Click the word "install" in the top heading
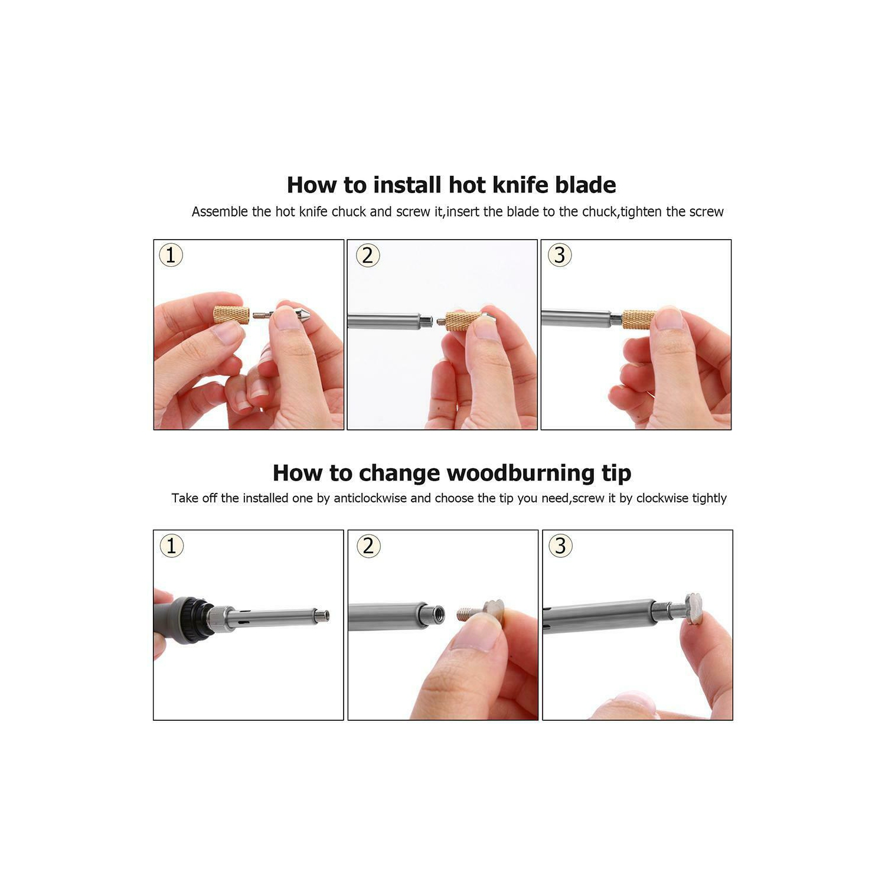(407, 185)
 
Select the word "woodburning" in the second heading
(521, 473)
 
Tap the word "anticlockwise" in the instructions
(370, 498)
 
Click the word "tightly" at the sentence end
(709, 498)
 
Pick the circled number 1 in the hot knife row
(171, 256)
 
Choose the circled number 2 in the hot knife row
(368, 256)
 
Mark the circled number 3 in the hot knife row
(560, 256)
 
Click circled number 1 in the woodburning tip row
(172, 546)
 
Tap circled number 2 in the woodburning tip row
(368, 546)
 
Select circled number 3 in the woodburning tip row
(560, 546)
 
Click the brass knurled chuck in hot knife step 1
(231, 314)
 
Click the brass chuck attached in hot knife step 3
(639, 319)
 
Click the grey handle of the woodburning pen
(168, 620)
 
